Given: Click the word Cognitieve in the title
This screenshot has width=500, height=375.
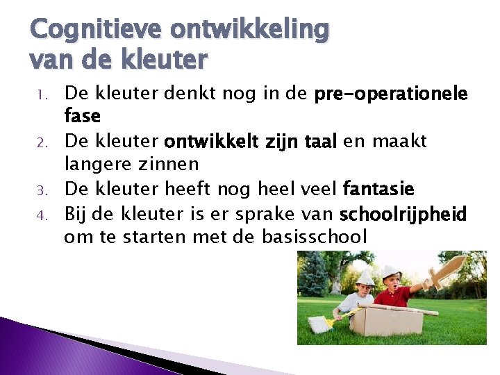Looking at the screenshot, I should click(96, 29).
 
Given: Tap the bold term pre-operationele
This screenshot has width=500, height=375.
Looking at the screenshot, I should click(391, 94).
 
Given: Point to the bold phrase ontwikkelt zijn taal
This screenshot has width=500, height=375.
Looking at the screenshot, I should click(251, 142).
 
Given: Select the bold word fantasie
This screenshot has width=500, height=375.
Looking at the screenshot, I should click(378, 189).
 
